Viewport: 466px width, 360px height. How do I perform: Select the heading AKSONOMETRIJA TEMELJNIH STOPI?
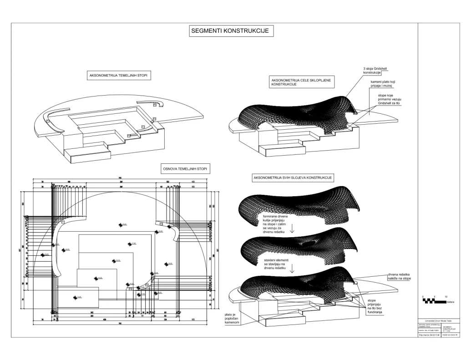pyautogui.click(x=119, y=76)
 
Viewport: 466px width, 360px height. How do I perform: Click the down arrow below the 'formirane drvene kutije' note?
pyautogui.click(x=292, y=230)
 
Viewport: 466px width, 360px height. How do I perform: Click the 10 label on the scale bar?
pyautogui.click(x=446, y=296)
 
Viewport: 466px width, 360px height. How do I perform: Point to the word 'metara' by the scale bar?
pyautogui.click(x=451, y=302)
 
